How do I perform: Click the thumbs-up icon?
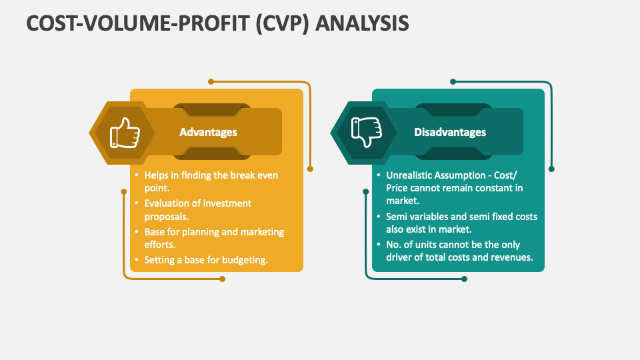[125, 133]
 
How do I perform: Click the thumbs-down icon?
[366, 133]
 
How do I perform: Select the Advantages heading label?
[208, 132]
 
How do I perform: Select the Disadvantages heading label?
[450, 132]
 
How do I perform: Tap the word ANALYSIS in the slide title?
[362, 23]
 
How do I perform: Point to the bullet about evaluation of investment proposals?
[197, 210]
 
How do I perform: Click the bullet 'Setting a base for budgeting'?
[205, 260]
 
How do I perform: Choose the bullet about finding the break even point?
[211, 181]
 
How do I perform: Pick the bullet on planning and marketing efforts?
[213, 238]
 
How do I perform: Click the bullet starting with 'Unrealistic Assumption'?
[454, 187]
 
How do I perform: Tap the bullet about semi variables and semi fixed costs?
[461, 223]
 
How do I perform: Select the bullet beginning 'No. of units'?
[459, 251]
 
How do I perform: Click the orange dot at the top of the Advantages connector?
[211, 81]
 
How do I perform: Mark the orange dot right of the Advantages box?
[310, 169]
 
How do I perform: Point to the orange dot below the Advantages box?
[222, 279]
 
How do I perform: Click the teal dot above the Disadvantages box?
[453, 81]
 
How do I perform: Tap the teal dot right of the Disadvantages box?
[551, 169]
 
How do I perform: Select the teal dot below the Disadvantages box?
[464, 279]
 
